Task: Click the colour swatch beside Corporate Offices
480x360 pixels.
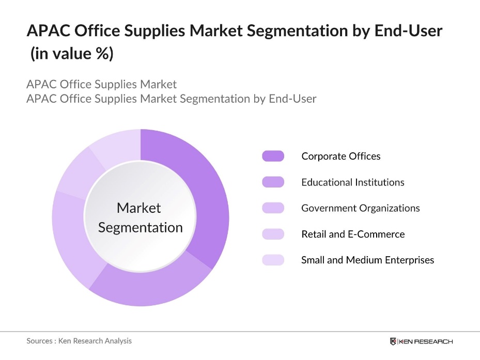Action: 273,156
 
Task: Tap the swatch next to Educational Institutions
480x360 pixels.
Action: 273,182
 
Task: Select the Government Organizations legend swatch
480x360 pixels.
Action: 273,208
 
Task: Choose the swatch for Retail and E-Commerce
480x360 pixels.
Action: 273,234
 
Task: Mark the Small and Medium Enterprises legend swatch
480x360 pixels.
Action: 273,260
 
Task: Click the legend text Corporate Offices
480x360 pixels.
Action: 341,156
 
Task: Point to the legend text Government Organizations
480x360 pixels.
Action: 361,208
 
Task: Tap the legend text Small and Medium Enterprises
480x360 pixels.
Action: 368,260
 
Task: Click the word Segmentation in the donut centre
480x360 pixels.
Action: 141,227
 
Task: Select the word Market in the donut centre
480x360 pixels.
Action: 139,208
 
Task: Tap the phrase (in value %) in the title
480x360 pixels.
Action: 71,54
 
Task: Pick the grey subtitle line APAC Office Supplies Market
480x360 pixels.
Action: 102,84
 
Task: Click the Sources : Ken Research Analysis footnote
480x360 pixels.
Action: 79,341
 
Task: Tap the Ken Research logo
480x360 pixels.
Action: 421,341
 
